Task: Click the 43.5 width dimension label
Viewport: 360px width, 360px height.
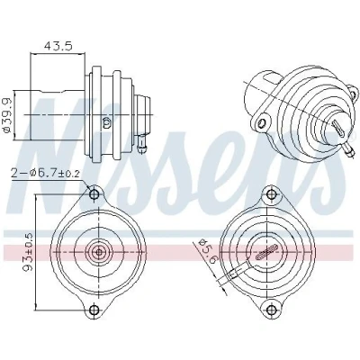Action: click(x=58, y=46)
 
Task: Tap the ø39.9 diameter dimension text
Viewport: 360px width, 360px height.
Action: click(x=6, y=115)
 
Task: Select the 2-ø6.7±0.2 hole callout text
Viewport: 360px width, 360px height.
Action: click(x=45, y=174)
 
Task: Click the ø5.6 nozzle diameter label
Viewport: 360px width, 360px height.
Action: click(x=206, y=251)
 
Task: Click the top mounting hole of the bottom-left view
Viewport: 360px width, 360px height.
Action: click(x=94, y=194)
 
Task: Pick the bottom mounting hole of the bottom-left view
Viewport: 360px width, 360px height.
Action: click(x=94, y=309)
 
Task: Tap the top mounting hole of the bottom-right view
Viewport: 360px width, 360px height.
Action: click(x=272, y=194)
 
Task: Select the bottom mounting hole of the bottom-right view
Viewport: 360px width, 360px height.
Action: click(x=272, y=309)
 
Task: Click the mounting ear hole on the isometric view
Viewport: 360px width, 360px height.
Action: click(x=263, y=122)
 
